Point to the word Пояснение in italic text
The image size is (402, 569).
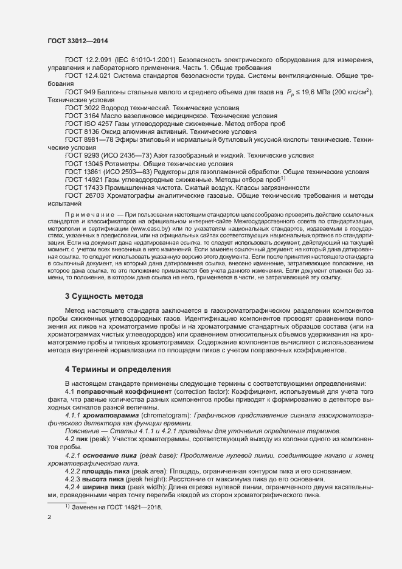point(83,430)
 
